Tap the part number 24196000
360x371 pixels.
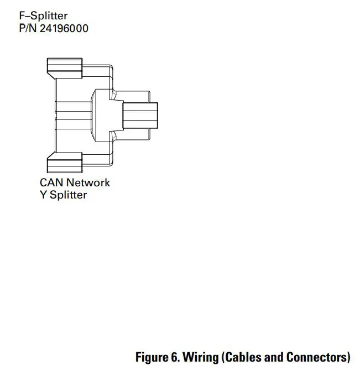[64, 29]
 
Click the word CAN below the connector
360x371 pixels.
[51, 182]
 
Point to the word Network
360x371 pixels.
[88, 182]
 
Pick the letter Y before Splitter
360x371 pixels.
[43, 195]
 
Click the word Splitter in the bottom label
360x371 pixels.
[68, 195]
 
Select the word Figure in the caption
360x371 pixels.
[151, 357]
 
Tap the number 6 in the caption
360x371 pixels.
[173, 357]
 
